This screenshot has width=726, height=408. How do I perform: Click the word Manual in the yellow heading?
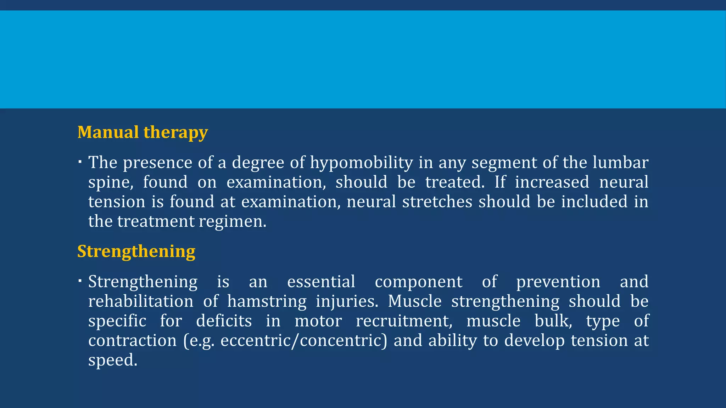click(x=108, y=132)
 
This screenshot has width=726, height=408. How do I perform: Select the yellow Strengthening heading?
click(x=136, y=252)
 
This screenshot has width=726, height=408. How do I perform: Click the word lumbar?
click(x=620, y=163)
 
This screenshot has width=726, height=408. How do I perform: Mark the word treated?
click(x=455, y=182)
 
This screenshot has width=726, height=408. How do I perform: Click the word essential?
click(x=321, y=282)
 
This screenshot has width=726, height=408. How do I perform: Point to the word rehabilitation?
click(x=141, y=301)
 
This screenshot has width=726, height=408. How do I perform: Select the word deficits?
click(x=224, y=321)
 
